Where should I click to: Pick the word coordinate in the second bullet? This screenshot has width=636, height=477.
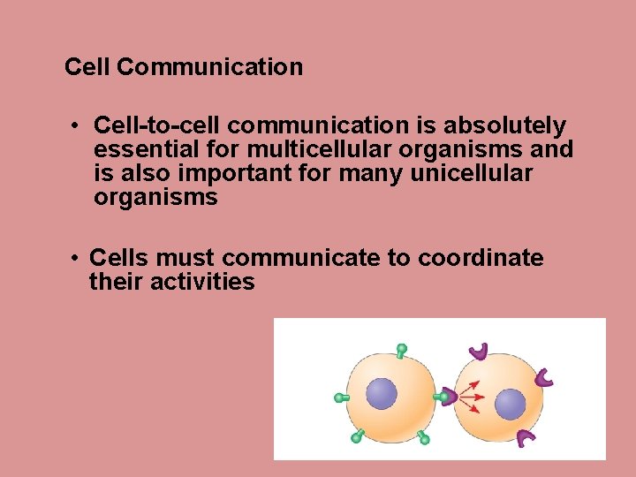[x=481, y=258]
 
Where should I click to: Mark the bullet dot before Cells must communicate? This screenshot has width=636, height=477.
[x=78, y=258]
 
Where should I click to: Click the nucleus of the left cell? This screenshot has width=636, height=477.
[x=382, y=393]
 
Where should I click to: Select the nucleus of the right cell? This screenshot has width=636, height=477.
[x=510, y=405]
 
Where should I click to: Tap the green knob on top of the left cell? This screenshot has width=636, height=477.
[x=402, y=350]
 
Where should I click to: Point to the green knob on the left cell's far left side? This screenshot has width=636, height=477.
[x=340, y=398]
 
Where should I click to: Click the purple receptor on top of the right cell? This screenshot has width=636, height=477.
[x=479, y=351]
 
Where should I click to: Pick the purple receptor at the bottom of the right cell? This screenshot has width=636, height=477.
[x=526, y=437]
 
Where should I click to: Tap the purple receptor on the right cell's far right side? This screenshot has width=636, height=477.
[x=545, y=378]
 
